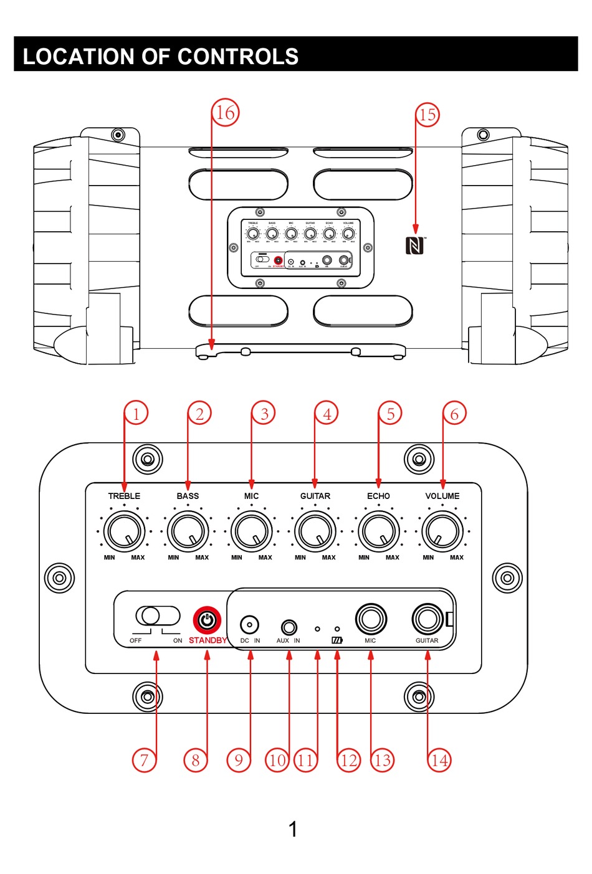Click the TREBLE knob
coord(125,531)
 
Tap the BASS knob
coord(188,531)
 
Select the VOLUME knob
coord(442,531)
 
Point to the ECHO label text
coord(378,496)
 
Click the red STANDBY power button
coord(207,620)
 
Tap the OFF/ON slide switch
coord(157,615)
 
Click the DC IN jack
coord(249,624)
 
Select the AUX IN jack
coord(289,626)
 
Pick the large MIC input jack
coord(371,619)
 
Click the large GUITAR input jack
coord(427,619)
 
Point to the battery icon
coord(337,640)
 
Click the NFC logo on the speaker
coord(415,245)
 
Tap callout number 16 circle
coord(225,113)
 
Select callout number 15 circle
coord(427,115)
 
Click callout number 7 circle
coord(144,760)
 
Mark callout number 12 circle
coord(349,760)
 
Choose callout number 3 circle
coord(264,414)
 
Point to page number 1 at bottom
coord(293,829)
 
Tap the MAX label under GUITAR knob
coord(328,558)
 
